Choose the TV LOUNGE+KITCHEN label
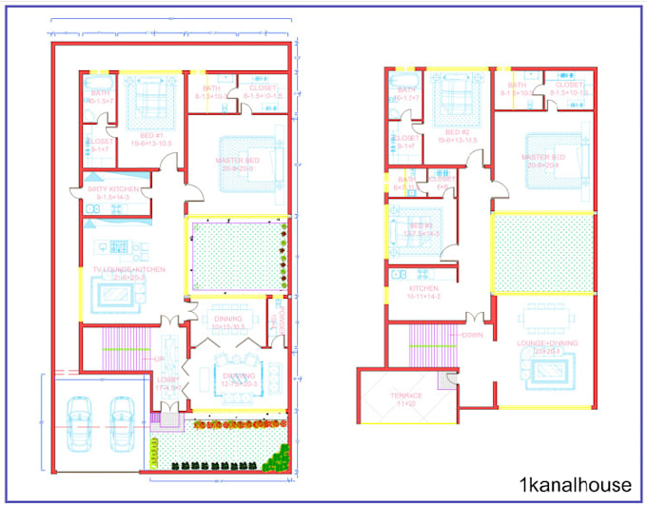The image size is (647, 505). point(129,269)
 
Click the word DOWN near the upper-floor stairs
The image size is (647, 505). point(473,335)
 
